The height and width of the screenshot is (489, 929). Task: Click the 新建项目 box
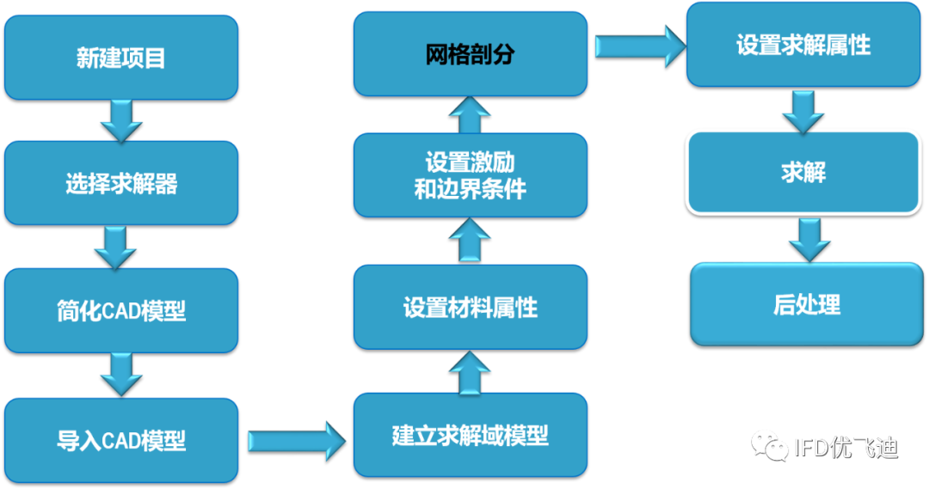tap(120, 57)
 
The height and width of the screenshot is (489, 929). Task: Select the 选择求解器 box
tap(120, 182)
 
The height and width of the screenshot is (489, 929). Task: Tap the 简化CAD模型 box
tap(120, 310)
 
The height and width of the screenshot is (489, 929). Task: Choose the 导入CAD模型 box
tap(120, 440)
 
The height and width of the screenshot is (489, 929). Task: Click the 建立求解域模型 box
tap(471, 435)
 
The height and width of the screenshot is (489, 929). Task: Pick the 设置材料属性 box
tap(471, 307)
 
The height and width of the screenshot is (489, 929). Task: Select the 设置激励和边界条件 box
tap(471, 175)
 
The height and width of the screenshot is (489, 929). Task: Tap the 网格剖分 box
tap(471, 53)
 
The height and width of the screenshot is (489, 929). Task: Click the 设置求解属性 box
tap(803, 45)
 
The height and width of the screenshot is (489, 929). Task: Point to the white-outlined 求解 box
tap(803, 172)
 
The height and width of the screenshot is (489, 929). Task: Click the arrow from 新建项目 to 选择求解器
tap(121, 119)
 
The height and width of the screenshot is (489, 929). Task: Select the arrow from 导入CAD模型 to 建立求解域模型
tap(296, 441)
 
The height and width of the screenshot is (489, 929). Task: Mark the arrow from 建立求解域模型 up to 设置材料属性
tap(470, 370)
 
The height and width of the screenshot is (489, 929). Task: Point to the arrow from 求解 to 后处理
tap(809, 240)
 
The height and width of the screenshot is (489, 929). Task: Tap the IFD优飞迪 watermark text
tap(845, 447)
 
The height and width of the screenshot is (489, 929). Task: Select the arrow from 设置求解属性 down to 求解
tap(803, 109)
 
